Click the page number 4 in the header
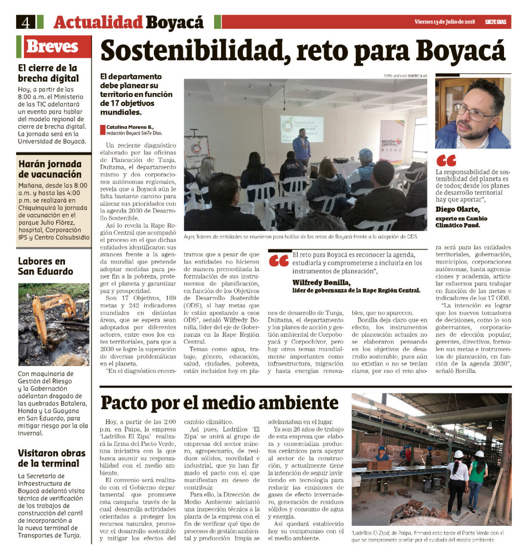pyautogui.click(x=26, y=22)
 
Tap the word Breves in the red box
pyautogui.click(x=52, y=47)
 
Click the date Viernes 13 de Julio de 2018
pyautogui.click(x=444, y=22)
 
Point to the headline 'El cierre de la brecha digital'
pyautogui.click(x=48, y=73)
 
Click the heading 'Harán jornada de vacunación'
pyautogui.click(x=50, y=169)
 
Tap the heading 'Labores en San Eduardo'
pyautogui.click(x=45, y=266)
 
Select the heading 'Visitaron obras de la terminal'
pyautogui.click(x=51, y=458)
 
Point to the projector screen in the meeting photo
pyautogui.click(x=301, y=129)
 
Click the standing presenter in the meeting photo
pyautogui.click(x=302, y=148)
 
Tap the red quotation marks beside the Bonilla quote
pyautogui.click(x=278, y=260)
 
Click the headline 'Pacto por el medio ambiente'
pyautogui.click(x=220, y=402)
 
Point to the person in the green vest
pyautogui.click(x=478, y=477)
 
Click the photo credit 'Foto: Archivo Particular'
pyautogui.click(x=405, y=76)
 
